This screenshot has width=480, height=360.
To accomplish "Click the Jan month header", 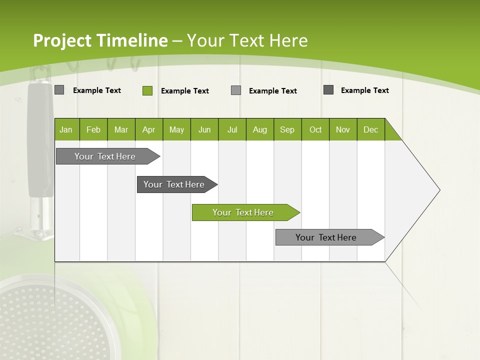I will click(x=66, y=129).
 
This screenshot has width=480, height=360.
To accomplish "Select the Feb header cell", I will click(x=93, y=129).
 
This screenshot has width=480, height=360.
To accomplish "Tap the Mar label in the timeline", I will click(x=121, y=129).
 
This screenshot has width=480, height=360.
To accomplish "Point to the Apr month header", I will click(x=149, y=129).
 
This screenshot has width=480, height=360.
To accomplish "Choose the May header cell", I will click(x=176, y=129).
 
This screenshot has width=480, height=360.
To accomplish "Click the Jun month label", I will click(x=204, y=129).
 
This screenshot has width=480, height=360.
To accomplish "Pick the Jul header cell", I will click(x=232, y=129).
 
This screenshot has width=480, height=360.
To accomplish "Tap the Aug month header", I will click(x=260, y=129).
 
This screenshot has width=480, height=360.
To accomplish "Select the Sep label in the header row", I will click(x=287, y=129).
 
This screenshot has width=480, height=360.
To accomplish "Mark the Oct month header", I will click(x=315, y=129).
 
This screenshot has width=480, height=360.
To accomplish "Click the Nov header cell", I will click(x=343, y=129).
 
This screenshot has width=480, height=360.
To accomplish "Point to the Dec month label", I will click(x=371, y=129).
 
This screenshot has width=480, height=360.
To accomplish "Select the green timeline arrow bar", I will click(x=243, y=212).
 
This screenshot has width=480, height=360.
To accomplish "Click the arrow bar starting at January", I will click(x=105, y=156).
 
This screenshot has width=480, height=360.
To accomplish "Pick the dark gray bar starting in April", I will click(x=174, y=184).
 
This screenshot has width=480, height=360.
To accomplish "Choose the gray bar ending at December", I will click(x=326, y=237).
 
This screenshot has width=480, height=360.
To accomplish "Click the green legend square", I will click(x=147, y=90).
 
